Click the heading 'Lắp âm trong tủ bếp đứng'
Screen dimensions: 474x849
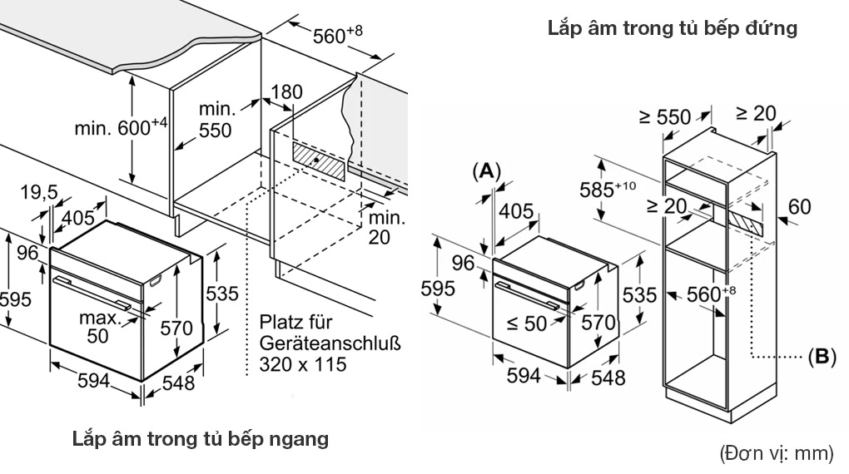tap(673, 28)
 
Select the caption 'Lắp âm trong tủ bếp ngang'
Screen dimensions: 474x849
tap(201, 438)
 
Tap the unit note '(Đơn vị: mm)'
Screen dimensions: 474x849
tap(776, 453)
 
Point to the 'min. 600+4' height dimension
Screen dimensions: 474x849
tap(121, 127)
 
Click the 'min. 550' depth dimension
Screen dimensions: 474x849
tap(215, 120)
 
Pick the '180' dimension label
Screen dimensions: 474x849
tap(287, 91)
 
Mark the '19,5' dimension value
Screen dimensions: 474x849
tap(38, 193)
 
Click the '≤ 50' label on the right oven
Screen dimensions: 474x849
tap(526, 323)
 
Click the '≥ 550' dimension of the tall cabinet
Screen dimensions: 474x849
tap(664, 117)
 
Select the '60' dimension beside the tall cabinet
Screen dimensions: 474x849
tap(799, 206)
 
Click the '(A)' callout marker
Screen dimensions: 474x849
tap(487, 171)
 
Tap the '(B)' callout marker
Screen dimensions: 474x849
tap(821, 357)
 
